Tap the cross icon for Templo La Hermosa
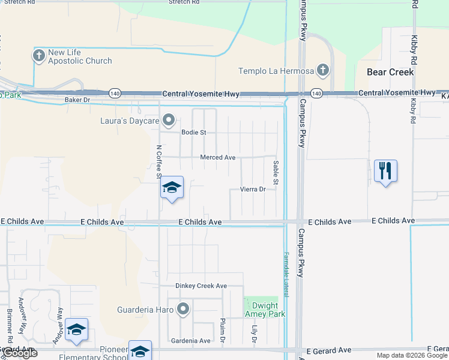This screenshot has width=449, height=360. pos(323,70)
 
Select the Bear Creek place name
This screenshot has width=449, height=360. pos(390,72)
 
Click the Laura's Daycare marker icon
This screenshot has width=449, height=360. pos(169,120)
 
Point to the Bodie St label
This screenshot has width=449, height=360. pos(194,132)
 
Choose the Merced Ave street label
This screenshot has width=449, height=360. pos(218,158)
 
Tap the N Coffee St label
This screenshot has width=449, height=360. pos(159,161)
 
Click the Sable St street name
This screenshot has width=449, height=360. pos(276,173)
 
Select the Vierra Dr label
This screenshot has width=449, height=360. pos(253,189)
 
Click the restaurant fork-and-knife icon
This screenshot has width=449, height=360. pos(385,170)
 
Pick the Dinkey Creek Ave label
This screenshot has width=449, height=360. pos(201,286)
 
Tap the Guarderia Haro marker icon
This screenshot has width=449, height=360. pos(184,310)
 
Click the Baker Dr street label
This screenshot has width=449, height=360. pos(77,100)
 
